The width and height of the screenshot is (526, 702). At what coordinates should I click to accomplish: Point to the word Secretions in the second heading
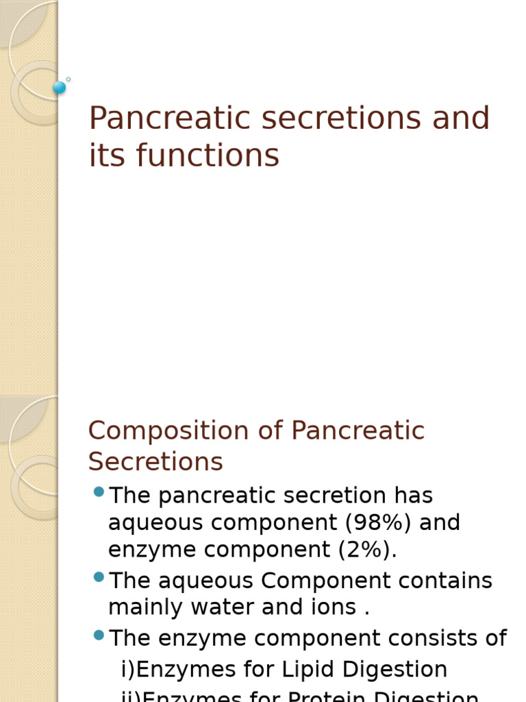coord(155,462)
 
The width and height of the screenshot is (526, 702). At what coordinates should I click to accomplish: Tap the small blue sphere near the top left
coord(60,87)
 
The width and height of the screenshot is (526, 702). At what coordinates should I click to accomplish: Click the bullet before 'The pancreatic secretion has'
coord(99,492)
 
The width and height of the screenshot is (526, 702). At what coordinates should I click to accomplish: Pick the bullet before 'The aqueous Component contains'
coord(99,577)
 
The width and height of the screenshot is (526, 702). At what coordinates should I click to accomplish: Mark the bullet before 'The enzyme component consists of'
coord(99,635)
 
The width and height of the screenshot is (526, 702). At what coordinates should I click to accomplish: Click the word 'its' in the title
coord(107,155)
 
